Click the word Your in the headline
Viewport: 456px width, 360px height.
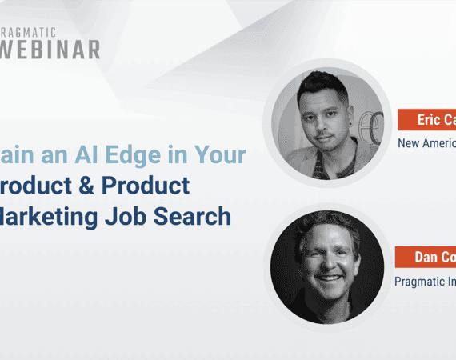click(x=219, y=155)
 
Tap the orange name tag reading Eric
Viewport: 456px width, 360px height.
click(x=426, y=121)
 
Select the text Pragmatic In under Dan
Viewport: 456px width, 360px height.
click(x=425, y=281)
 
